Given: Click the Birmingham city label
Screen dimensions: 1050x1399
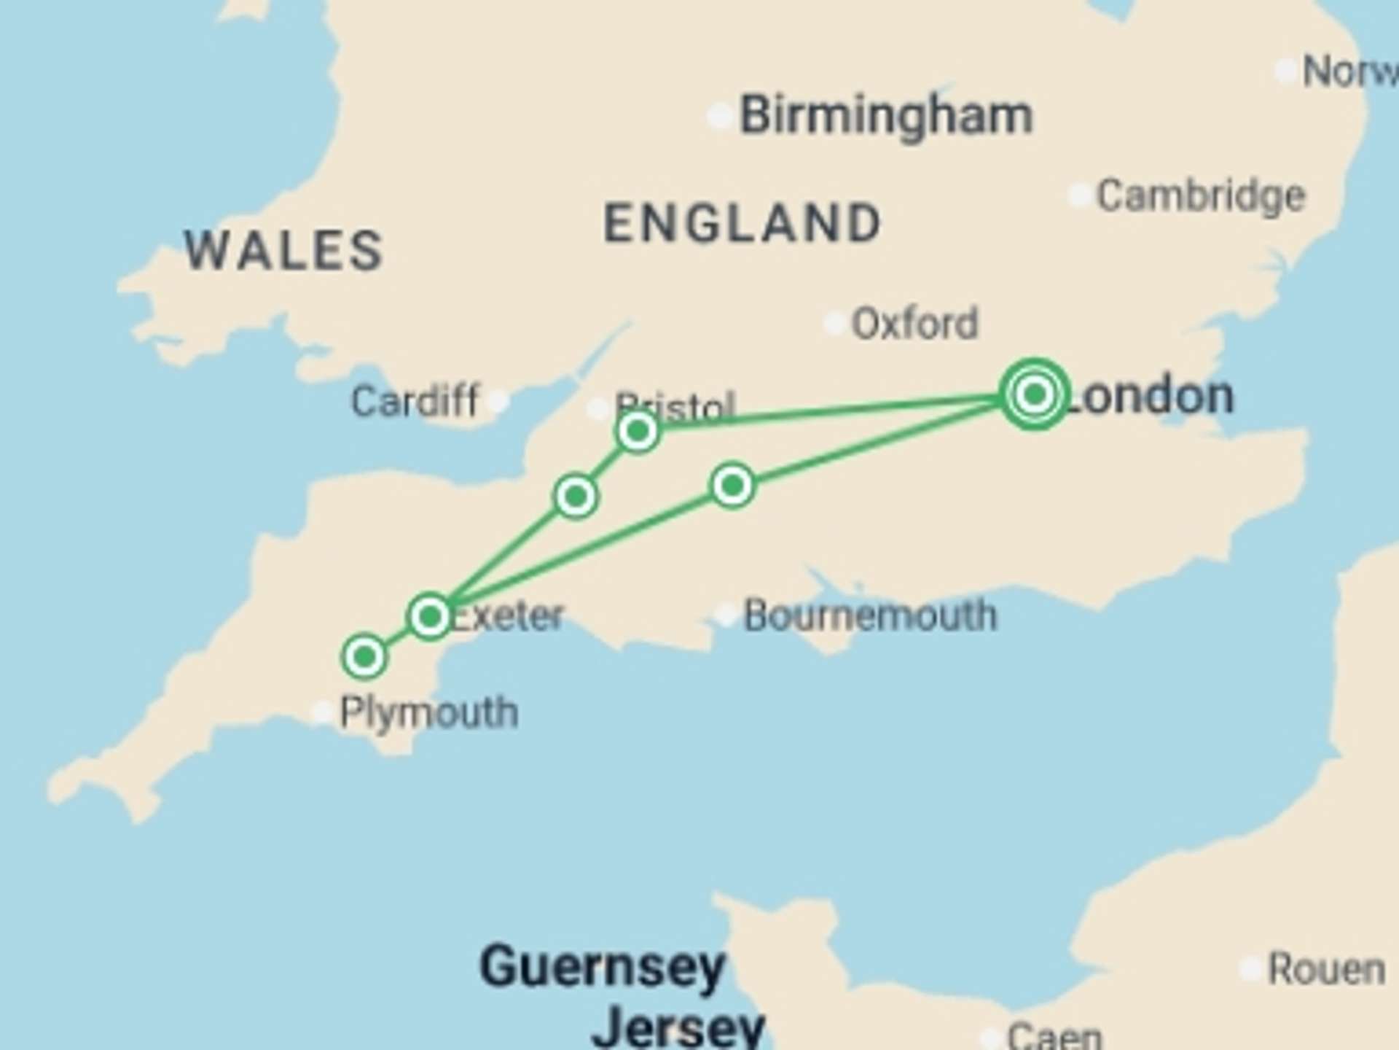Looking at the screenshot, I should pyautogui.click(x=886, y=116).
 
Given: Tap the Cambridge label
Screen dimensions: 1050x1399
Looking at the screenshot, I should pyautogui.click(x=1201, y=196).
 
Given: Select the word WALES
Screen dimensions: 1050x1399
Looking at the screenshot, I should pyautogui.click(x=283, y=250).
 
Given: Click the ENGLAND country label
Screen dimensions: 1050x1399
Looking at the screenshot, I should pyautogui.click(x=742, y=222).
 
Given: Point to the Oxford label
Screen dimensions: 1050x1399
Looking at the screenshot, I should pyautogui.click(x=914, y=323).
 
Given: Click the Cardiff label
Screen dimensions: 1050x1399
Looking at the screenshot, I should pyautogui.click(x=414, y=401).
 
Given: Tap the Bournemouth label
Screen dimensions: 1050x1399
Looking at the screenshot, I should pyautogui.click(x=869, y=616).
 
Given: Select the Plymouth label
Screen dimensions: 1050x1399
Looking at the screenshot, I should pyautogui.click(x=429, y=712).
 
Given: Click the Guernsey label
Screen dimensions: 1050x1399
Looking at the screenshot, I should pyautogui.click(x=602, y=967).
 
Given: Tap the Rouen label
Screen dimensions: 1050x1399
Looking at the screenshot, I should pyautogui.click(x=1326, y=969).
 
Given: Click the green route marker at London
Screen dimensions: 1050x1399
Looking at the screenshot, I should pyautogui.click(x=1034, y=394).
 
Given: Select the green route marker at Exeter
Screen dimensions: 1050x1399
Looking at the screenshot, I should pyautogui.click(x=430, y=617).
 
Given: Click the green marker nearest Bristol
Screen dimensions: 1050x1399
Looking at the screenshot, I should pyautogui.click(x=638, y=432).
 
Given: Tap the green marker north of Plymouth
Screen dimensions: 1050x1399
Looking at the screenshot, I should pyautogui.click(x=364, y=657).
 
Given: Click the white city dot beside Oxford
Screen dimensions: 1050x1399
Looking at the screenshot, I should pyautogui.click(x=834, y=323).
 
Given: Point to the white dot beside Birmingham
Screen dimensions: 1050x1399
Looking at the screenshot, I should pyautogui.click(x=720, y=116).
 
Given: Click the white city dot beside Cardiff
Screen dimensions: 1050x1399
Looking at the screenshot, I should pyautogui.click(x=498, y=401).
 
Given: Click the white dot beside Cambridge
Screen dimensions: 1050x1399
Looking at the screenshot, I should pyautogui.click(x=1079, y=195).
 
